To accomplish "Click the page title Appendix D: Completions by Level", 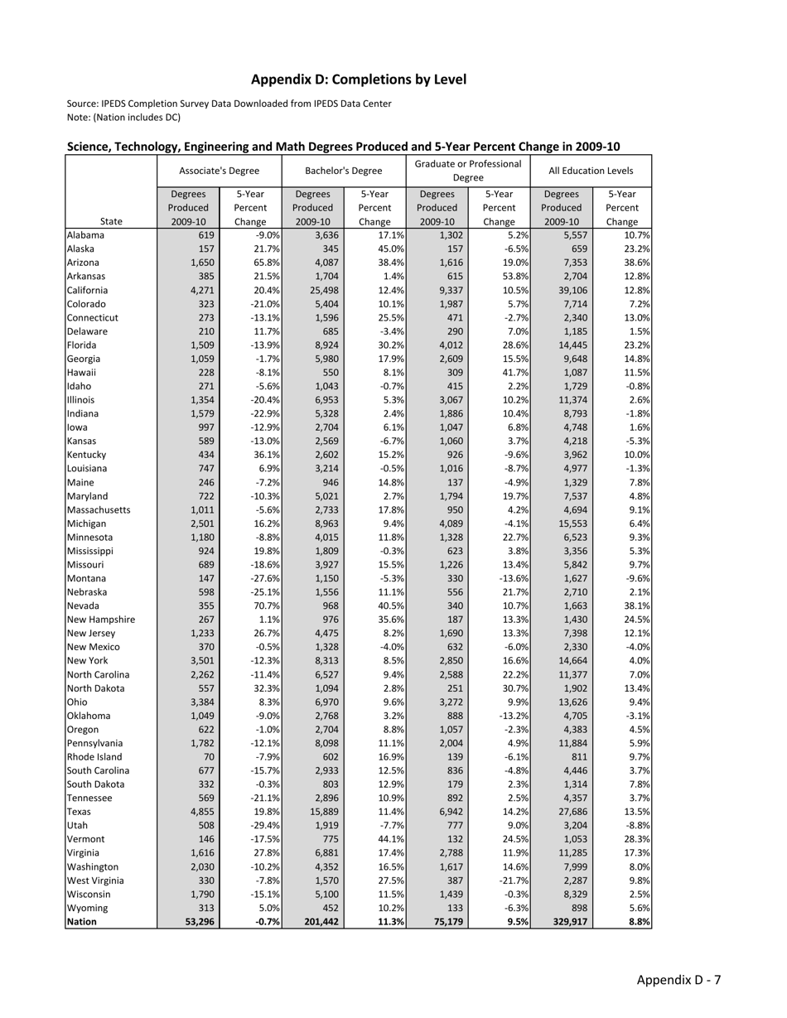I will tap(358, 80).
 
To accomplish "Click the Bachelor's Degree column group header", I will tap(344, 171).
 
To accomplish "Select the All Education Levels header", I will tap(591, 171).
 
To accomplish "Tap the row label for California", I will tap(87, 290).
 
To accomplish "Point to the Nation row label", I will tap(82, 921).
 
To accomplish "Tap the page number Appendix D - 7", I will tap(678, 980).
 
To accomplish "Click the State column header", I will tap(112, 221).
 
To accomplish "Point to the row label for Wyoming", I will tap(86, 908).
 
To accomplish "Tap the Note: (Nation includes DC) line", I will tap(123, 117).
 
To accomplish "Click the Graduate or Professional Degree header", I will tap(468, 171).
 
